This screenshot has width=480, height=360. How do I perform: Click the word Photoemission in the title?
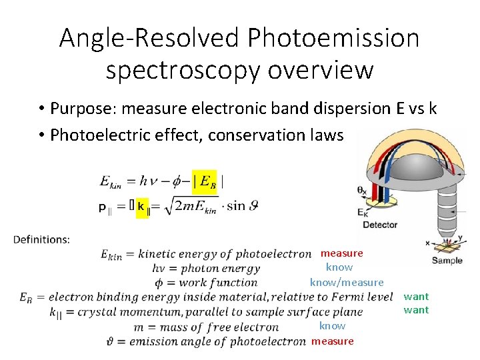click(333, 39)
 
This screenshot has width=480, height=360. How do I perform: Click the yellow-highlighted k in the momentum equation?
click(141, 207)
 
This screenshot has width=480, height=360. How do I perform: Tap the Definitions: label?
click(41, 239)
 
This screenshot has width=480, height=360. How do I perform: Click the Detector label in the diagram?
click(380, 225)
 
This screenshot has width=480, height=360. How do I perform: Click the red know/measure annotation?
click(347, 283)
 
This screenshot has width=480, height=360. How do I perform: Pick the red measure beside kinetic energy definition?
click(341, 253)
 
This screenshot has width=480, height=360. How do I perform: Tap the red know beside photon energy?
click(339, 267)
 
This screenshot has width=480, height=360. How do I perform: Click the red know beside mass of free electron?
click(332, 326)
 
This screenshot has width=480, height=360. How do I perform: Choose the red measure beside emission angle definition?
click(332, 341)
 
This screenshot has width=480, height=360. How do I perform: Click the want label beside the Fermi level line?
click(416, 296)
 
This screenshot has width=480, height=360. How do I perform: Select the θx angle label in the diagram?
click(362, 191)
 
